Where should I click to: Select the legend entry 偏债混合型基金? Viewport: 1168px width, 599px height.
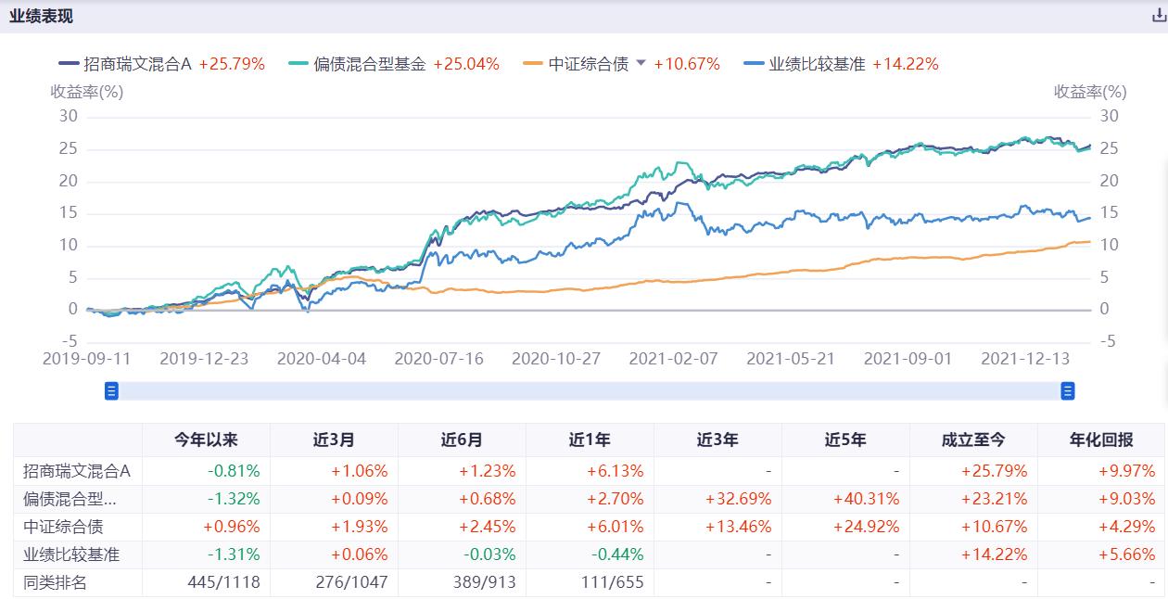[x=368, y=64]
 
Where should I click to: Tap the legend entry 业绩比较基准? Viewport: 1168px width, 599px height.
[x=816, y=64]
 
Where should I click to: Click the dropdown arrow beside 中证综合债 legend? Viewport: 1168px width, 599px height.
[x=641, y=63]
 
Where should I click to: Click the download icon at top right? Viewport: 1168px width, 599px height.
[x=1158, y=16]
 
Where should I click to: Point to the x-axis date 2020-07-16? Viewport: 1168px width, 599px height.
[x=438, y=359]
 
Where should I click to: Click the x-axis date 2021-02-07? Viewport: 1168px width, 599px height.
[x=673, y=359]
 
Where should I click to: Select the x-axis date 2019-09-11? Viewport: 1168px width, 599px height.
[x=87, y=359]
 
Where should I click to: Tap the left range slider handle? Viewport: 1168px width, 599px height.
[x=112, y=391]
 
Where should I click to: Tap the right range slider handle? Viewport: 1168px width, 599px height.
[x=1067, y=391]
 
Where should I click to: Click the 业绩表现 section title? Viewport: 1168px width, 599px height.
[x=42, y=17]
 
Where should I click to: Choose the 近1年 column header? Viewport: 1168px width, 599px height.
[x=590, y=440]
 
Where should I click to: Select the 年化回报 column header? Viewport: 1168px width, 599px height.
[x=1101, y=440]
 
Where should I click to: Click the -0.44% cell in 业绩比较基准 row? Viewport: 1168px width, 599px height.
[x=616, y=554]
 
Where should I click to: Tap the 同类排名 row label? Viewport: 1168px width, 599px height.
[x=55, y=582]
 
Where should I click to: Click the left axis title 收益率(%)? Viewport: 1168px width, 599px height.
[x=86, y=92]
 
